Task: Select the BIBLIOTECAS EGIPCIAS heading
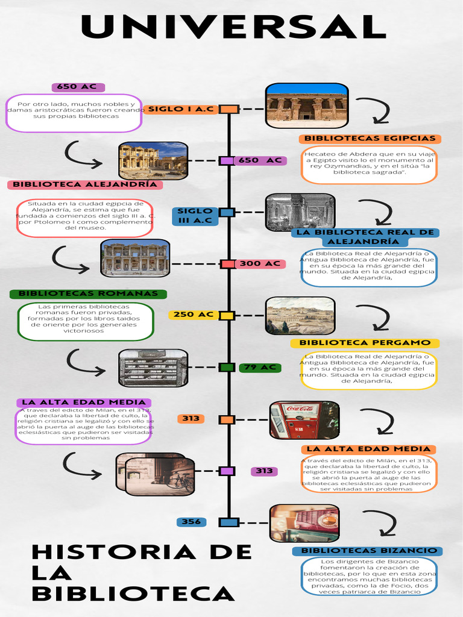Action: pyautogui.click(x=370, y=139)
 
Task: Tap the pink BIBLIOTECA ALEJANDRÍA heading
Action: pyautogui.click(x=84, y=184)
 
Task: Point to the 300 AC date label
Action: pyautogui.click(x=260, y=264)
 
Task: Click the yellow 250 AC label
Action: pyautogui.click(x=193, y=315)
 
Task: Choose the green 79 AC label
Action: pyautogui.click(x=260, y=368)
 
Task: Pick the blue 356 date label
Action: pyautogui.click(x=191, y=522)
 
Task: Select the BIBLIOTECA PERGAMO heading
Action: pyautogui.click(x=365, y=343)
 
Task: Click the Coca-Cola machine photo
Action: pyautogui.click(x=304, y=420)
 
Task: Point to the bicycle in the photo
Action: pyautogui.click(x=179, y=480)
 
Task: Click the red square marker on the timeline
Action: pyautogui.click(x=227, y=264)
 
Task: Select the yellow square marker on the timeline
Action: pyautogui.click(x=227, y=315)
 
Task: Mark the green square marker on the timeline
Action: pyautogui.click(x=227, y=367)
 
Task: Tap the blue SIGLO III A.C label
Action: pyautogui.click(x=195, y=216)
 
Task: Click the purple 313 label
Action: pyautogui.click(x=264, y=471)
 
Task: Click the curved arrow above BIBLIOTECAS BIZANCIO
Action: pyautogui.click(x=380, y=523)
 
